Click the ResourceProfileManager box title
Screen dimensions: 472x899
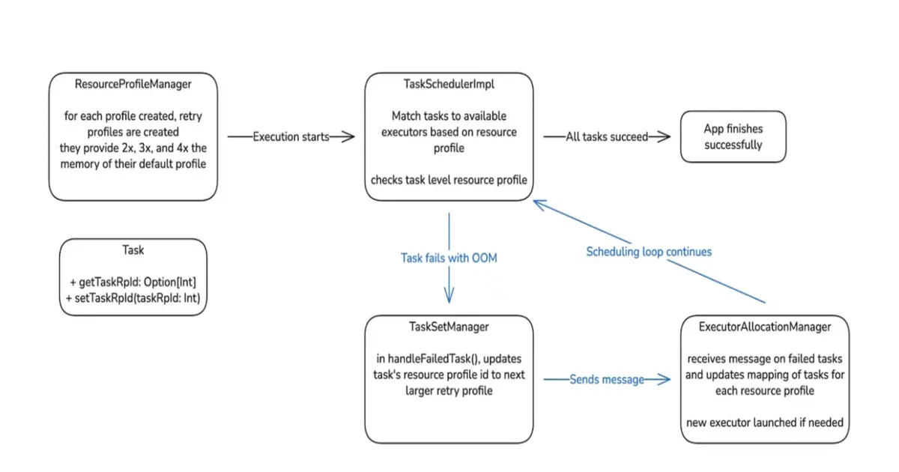pyautogui.click(x=133, y=85)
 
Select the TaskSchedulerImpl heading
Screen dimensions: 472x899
pyautogui.click(x=449, y=85)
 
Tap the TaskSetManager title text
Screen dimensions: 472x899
pyautogui.click(x=449, y=327)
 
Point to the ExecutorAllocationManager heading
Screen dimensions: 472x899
pyautogui.click(x=764, y=327)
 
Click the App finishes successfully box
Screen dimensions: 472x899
pyautogui.click(x=733, y=136)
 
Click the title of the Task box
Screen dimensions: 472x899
pyautogui.click(x=133, y=250)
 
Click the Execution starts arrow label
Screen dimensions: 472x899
pyautogui.click(x=291, y=136)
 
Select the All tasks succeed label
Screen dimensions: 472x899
pyautogui.click(x=607, y=136)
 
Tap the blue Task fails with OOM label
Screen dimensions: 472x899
pyautogui.click(x=449, y=258)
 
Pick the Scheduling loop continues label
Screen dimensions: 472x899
pyautogui.click(x=649, y=252)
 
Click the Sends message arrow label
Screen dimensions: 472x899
pyautogui.click(x=607, y=380)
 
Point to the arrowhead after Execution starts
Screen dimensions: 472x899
pyautogui.click(x=348, y=136)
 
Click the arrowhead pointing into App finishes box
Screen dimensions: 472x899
pyautogui.click(x=664, y=136)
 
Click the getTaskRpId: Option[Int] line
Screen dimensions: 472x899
pyautogui.click(x=137, y=282)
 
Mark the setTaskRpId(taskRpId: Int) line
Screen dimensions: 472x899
pyautogui.click(x=134, y=297)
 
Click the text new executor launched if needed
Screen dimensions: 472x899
pyautogui.click(x=764, y=423)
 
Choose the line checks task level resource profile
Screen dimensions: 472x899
pyautogui.click(x=449, y=180)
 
